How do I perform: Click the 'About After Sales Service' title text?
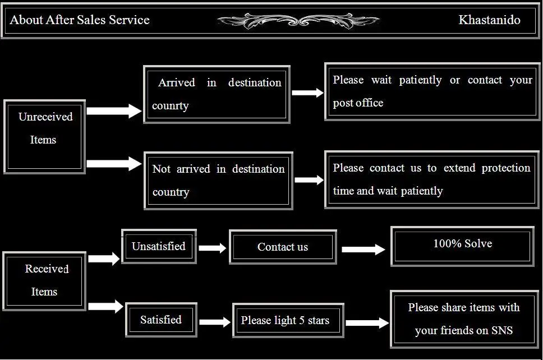[80, 20]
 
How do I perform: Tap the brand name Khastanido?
[489, 20]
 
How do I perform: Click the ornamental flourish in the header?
[298, 21]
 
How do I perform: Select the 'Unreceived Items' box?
[45, 136]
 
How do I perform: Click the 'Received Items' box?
[44, 280]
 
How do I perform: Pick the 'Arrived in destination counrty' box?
[217, 94]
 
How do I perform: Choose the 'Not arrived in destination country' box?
[218, 181]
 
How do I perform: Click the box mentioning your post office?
[432, 91]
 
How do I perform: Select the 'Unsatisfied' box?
[159, 246]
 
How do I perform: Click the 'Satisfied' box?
[161, 320]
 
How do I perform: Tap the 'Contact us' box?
[283, 247]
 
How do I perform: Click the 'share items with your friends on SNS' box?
[463, 319]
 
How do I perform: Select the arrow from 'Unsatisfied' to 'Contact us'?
[213, 248]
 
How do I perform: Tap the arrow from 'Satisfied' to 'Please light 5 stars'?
[215, 322]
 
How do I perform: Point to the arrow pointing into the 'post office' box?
[307, 93]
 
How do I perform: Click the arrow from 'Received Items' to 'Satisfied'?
[105, 306]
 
